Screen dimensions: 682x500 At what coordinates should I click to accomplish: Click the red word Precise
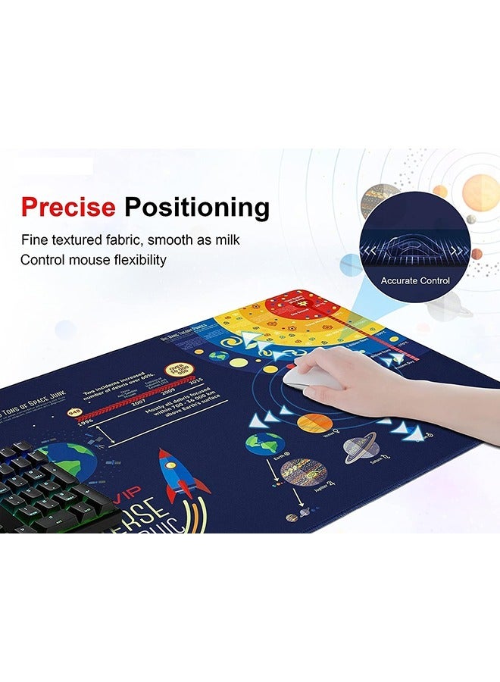(x=69, y=206)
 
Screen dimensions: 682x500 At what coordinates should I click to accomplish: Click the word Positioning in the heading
(x=196, y=207)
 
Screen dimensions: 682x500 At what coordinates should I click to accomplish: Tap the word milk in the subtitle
(x=226, y=240)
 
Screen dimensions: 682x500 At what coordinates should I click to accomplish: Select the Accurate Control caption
(x=415, y=280)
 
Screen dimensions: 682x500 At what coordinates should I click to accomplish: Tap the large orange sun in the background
(x=480, y=192)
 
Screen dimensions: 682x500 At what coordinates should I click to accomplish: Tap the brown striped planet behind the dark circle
(x=378, y=201)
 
